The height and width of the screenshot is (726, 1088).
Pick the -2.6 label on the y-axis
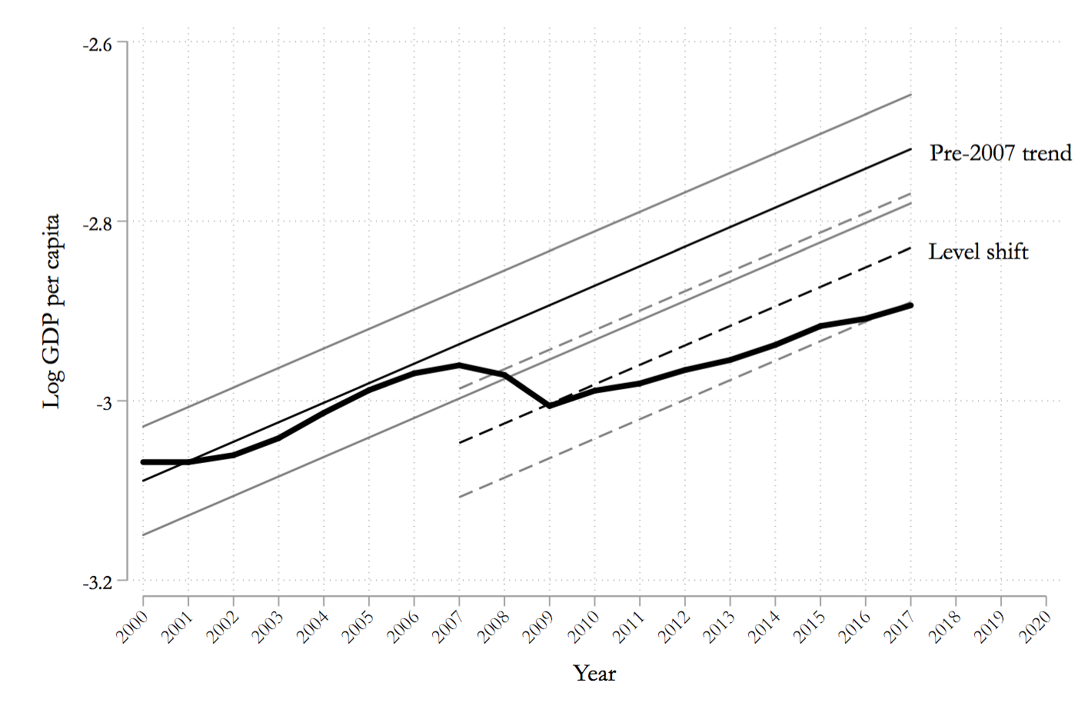point(97,43)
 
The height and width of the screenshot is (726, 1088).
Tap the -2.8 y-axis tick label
point(97,222)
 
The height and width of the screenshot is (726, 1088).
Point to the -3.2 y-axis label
point(97,581)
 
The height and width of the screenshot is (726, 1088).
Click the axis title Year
point(594,674)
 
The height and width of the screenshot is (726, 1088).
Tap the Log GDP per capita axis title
point(52,311)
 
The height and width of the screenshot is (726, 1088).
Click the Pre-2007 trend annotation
point(1000,153)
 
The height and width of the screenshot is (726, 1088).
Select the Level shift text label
point(978,252)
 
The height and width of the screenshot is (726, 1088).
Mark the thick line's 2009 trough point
point(550,405)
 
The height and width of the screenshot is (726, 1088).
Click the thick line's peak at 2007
point(459,365)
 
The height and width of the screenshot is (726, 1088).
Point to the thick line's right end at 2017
point(911,305)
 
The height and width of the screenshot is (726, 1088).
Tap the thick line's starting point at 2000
point(144,461)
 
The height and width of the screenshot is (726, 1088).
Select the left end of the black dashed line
point(460,443)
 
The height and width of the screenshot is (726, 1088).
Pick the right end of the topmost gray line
point(911,95)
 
